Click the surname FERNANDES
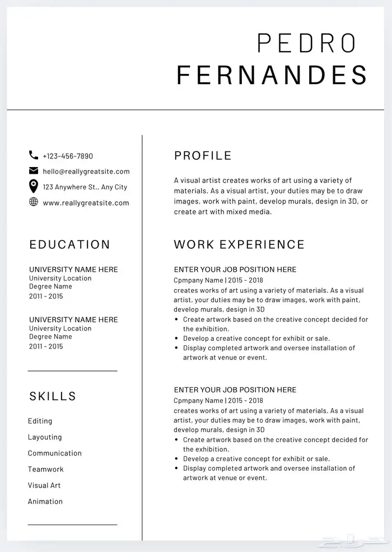point(272,75)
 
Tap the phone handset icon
point(34,155)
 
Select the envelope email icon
point(34,171)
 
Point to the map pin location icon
point(34,186)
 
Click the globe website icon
point(34,202)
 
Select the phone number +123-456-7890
point(68,156)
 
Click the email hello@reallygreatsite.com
point(86,171)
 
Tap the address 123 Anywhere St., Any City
point(85,187)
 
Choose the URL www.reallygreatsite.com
point(86,203)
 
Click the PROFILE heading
point(203,156)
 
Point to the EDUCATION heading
point(70,244)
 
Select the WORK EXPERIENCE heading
point(239,244)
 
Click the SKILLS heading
point(53,396)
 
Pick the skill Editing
point(40,421)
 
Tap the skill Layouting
point(45,437)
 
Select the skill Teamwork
point(46,469)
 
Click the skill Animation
point(45,502)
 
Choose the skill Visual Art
point(44,485)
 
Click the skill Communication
point(55,453)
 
